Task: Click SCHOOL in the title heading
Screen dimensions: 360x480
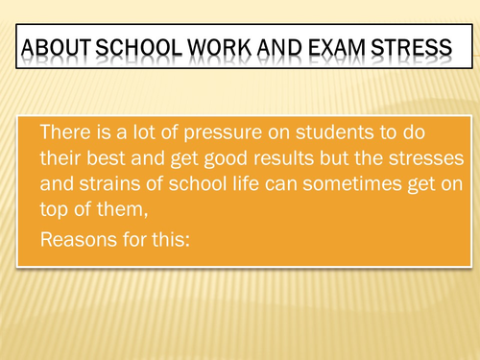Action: pyautogui.click(x=127, y=49)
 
